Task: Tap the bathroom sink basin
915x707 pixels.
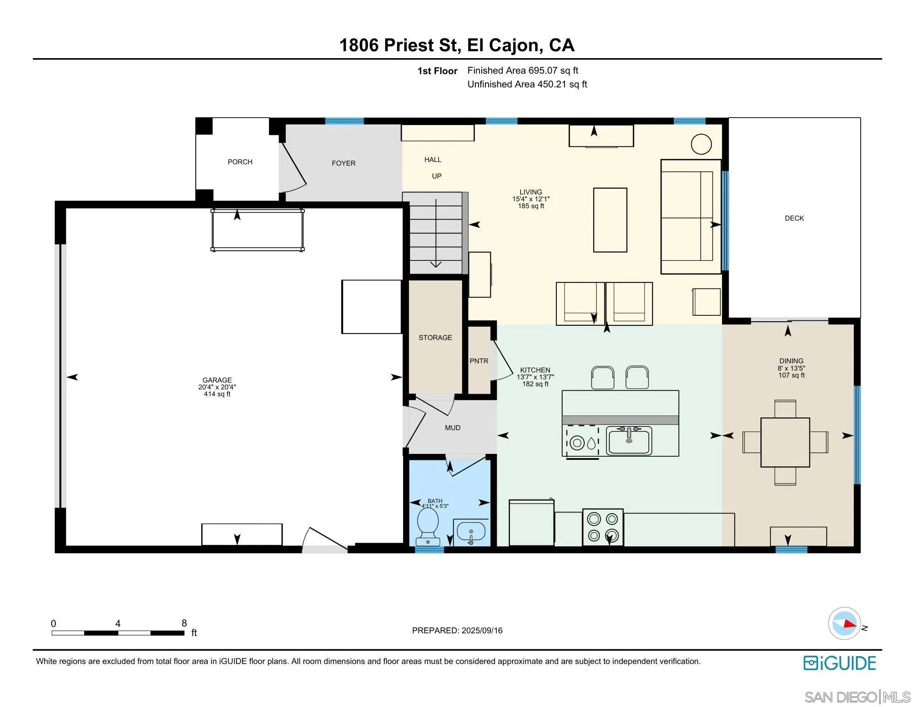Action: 471,532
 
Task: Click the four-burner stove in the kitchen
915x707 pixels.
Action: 603,527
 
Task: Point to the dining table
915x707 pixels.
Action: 785,442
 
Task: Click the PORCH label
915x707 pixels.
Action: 240,162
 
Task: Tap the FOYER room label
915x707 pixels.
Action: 344,163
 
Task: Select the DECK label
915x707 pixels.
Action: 794,218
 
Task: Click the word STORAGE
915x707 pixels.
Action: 435,338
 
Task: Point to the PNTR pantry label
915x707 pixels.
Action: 479,361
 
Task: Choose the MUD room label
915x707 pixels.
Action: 452,428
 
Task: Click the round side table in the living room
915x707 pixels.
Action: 701,144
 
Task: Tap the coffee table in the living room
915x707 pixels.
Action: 610,220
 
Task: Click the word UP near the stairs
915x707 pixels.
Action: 437,176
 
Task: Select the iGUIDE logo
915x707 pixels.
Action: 840,663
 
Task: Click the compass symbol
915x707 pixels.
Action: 845,623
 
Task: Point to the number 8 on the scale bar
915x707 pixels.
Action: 184,623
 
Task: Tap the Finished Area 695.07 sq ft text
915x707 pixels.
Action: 522,70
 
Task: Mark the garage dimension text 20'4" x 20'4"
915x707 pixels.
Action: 217,387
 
